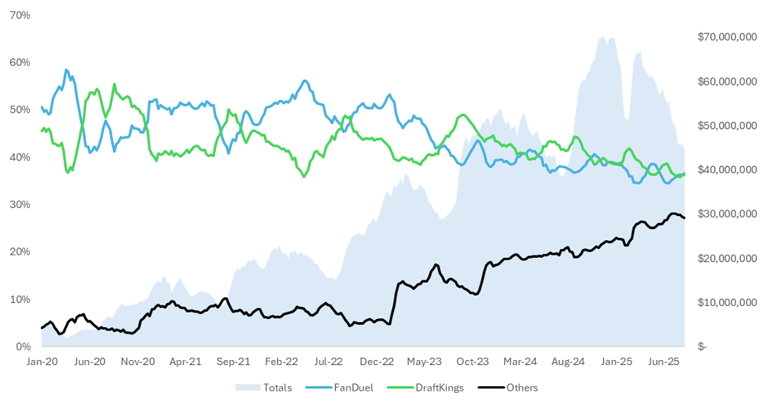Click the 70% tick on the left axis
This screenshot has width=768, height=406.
pyautogui.click(x=20, y=15)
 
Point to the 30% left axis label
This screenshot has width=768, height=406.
pyautogui.click(x=20, y=204)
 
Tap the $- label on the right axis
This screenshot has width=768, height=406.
pyautogui.click(x=702, y=347)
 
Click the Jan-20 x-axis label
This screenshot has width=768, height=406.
pyautogui.click(x=42, y=361)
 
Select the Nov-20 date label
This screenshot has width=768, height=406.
pyautogui.click(x=137, y=361)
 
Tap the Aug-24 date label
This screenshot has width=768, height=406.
pyautogui.click(x=568, y=361)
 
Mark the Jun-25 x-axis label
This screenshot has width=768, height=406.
pyautogui.click(x=664, y=361)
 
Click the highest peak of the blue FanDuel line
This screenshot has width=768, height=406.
pyautogui.click(x=66, y=70)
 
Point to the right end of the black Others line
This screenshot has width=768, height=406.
pyautogui.click(x=684, y=218)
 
